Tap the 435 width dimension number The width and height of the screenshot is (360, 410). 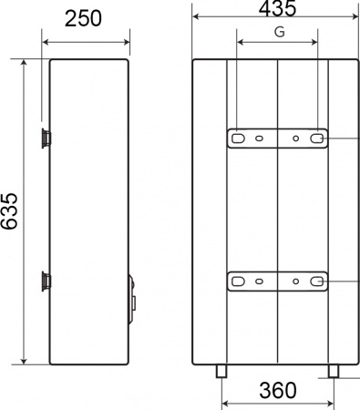click(x=277, y=10)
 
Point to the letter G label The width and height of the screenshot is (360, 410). click(x=278, y=32)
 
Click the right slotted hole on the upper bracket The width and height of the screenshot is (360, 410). click(x=318, y=138)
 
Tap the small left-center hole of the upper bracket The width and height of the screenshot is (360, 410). click(x=260, y=138)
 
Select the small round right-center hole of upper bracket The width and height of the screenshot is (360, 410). click(x=295, y=138)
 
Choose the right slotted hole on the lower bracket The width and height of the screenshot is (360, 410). click(x=318, y=282)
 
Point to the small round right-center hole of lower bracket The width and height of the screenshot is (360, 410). click(x=295, y=282)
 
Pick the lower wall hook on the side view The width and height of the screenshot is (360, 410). click(x=46, y=280)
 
